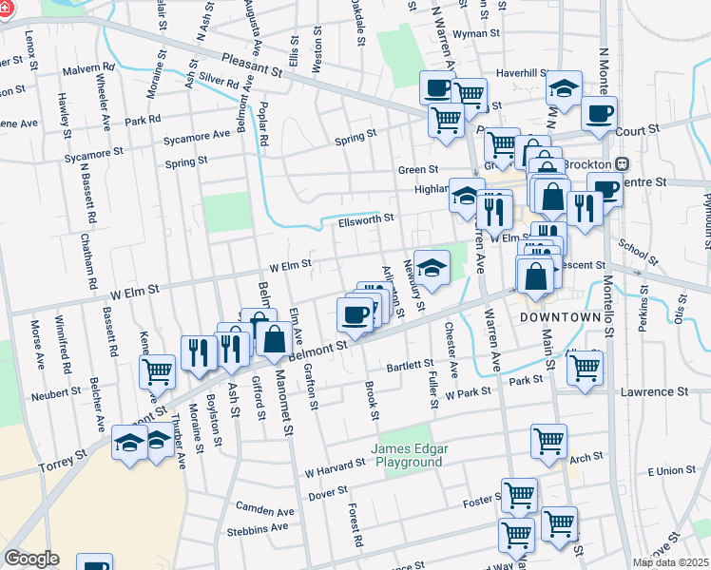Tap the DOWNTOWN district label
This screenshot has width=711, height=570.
560,316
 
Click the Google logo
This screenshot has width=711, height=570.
31,559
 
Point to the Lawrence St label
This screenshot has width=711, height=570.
654,391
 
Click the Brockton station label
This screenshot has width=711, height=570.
591,163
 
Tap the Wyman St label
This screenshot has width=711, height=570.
476,33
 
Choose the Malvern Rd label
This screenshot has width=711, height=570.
88,70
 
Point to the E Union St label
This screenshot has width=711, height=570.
672,471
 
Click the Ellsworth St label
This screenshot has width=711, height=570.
365,220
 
